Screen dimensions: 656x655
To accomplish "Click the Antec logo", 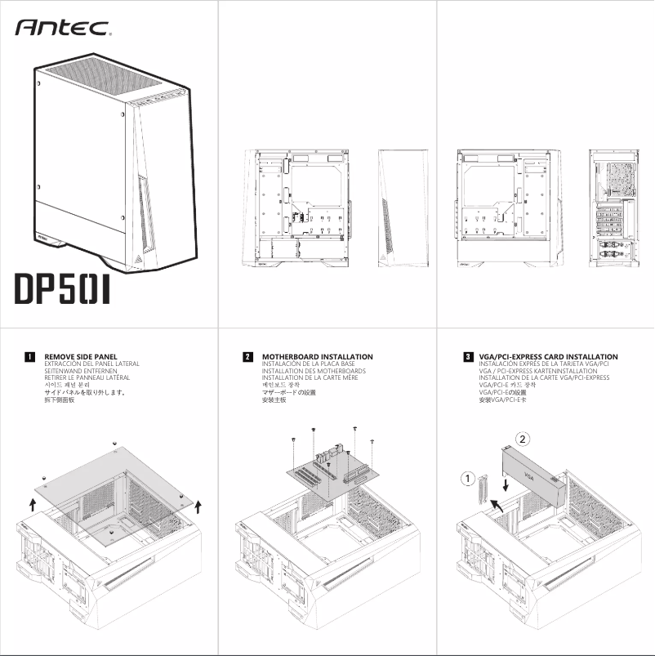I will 63,28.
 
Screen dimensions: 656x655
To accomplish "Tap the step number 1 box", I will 30,357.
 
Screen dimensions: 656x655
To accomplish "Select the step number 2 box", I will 247,357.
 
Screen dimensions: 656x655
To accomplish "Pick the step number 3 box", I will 467,357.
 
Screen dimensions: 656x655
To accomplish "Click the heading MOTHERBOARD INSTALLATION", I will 317,357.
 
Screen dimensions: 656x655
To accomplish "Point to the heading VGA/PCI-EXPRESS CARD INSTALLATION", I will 548,357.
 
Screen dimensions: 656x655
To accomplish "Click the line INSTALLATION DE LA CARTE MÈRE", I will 310,378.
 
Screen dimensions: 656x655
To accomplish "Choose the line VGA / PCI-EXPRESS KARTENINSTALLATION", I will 538,371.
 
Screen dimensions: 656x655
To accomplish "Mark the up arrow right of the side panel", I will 198,506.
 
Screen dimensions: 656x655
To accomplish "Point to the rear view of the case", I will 615,209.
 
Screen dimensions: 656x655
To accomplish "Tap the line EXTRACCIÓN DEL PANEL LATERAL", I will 91,364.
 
